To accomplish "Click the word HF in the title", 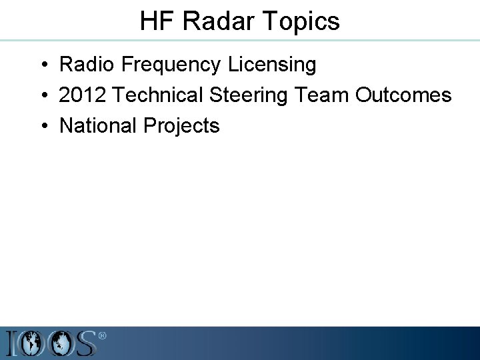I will tap(157, 21).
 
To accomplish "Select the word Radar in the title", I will tap(215, 21).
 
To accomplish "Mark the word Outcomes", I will tap(403, 95).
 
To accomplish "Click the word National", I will tap(98, 125).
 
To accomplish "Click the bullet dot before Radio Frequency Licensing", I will tap(42, 65).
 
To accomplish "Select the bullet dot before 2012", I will tap(42, 96).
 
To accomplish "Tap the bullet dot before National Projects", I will tap(42, 126).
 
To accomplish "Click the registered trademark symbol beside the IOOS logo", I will tap(102, 337).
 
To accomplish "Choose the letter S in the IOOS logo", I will tap(85, 344).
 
